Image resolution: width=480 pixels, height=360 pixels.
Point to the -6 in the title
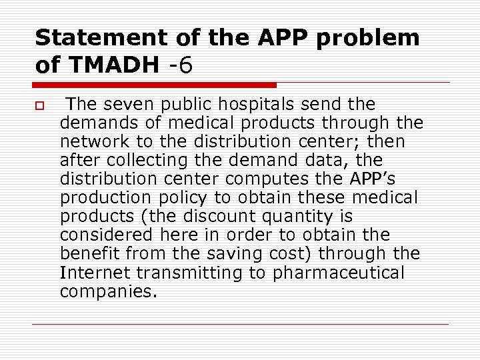tap(180, 65)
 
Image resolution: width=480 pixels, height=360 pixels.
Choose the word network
tap(89, 142)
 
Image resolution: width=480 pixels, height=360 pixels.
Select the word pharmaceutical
tap(346, 273)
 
